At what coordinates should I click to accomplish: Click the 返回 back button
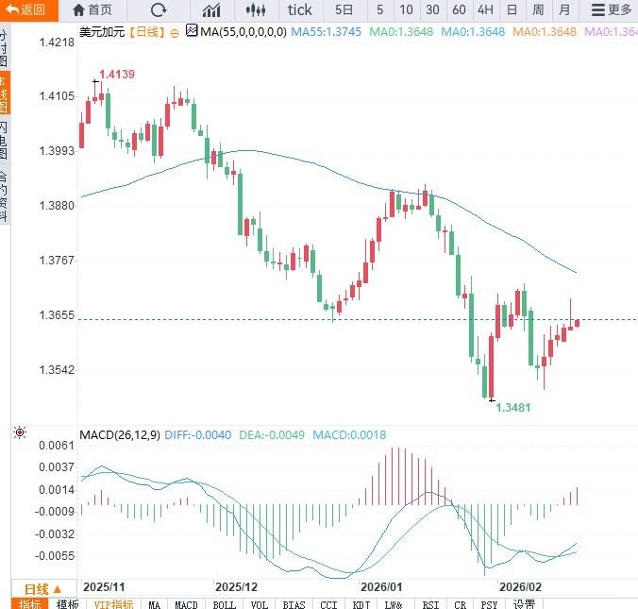[25, 10]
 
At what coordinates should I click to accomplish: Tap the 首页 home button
[92, 10]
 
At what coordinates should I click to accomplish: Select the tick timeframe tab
[299, 10]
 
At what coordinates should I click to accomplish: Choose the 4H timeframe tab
[485, 10]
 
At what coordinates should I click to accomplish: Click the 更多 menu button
[611, 10]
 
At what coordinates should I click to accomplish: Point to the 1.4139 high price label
[116, 74]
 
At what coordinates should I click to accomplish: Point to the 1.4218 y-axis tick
[58, 43]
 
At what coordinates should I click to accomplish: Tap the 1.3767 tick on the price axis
[58, 261]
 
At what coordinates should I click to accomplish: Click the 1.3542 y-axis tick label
[58, 370]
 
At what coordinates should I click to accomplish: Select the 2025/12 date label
[236, 586]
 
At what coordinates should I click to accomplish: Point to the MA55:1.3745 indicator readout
[326, 32]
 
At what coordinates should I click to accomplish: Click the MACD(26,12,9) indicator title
[120, 435]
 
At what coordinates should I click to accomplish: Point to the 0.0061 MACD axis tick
[56, 445]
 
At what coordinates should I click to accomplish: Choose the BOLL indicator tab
[224, 604]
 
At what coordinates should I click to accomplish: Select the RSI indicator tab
[430, 604]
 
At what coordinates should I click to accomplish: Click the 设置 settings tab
[525, 604]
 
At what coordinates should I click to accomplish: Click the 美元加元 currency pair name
[101, 32]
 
